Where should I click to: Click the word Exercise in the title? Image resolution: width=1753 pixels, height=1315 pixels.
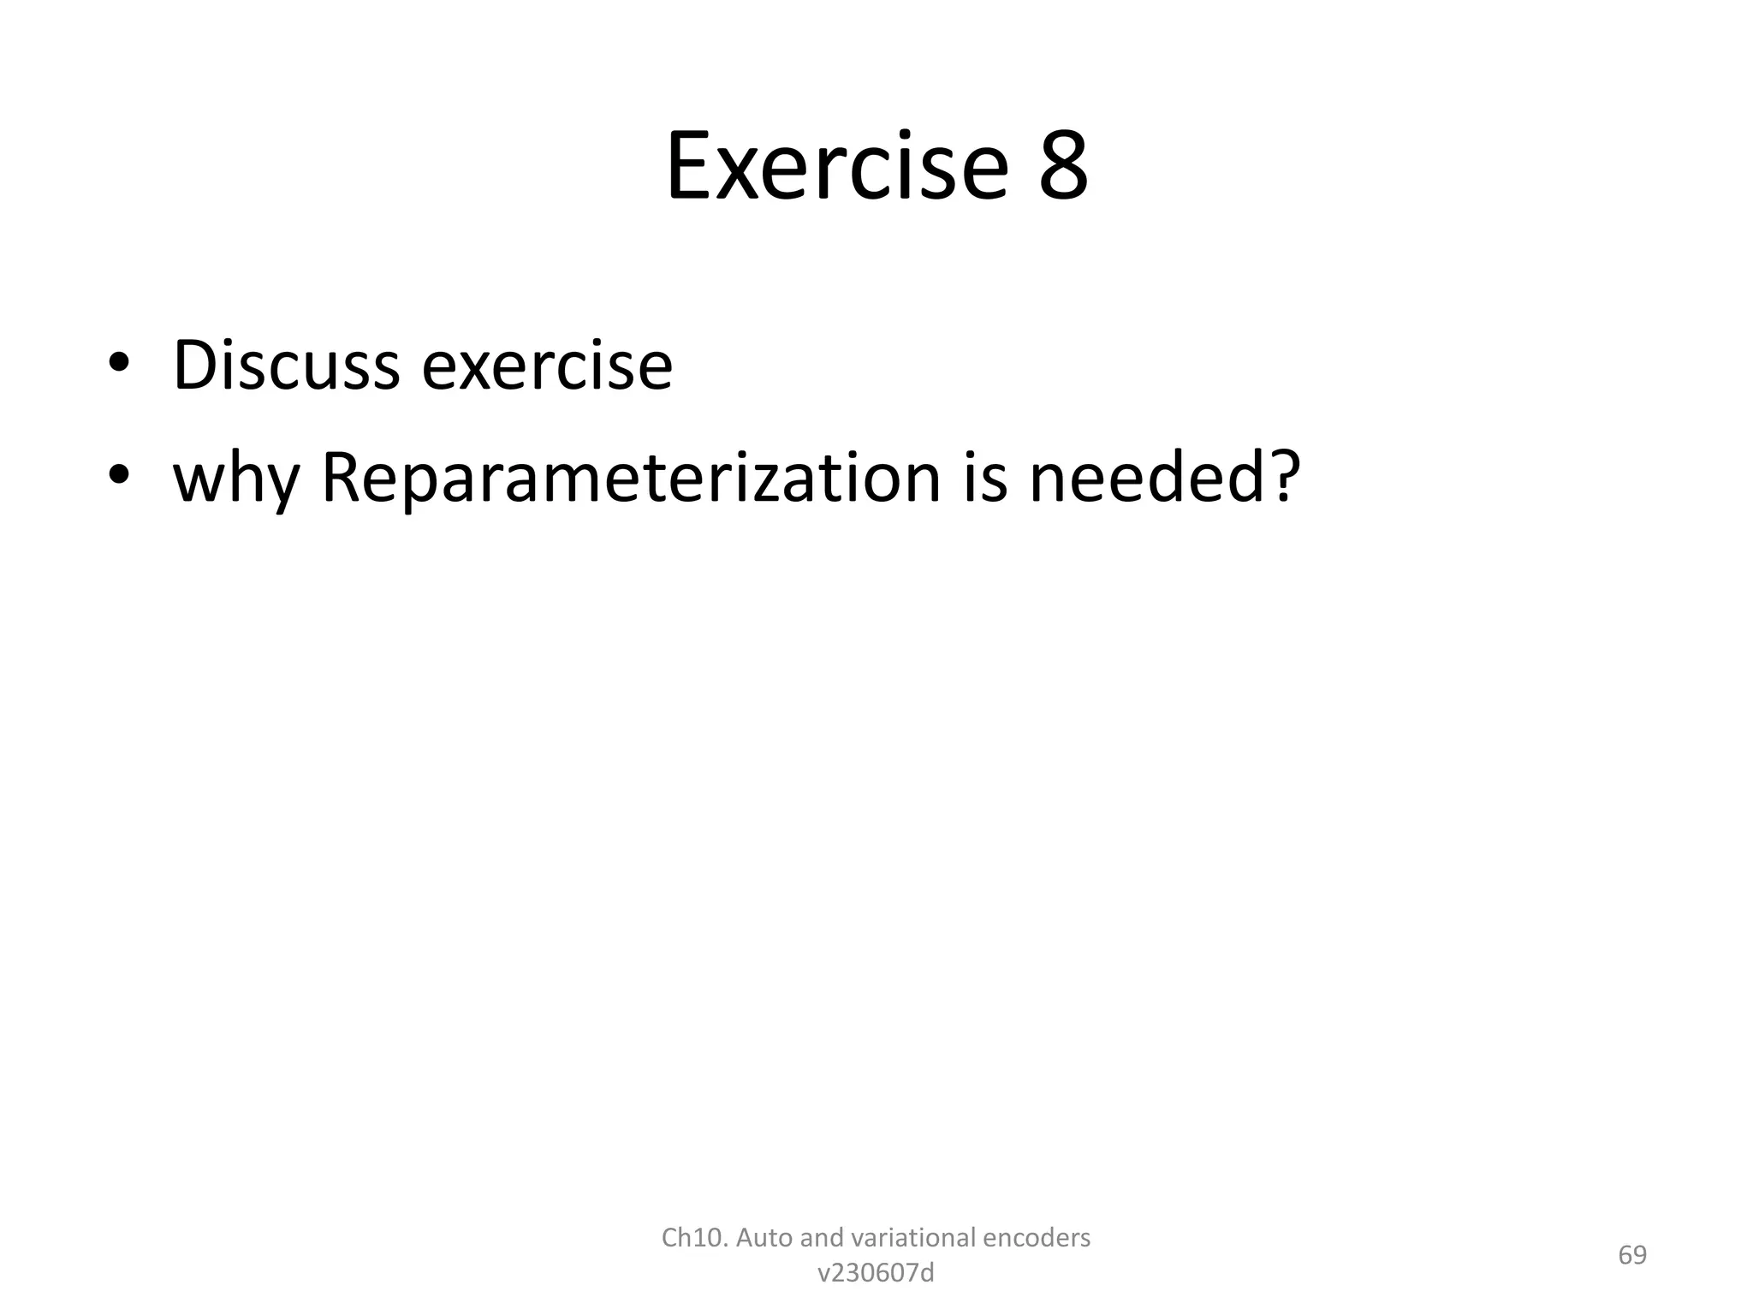836,166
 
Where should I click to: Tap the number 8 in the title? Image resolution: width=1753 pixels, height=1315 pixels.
1063,166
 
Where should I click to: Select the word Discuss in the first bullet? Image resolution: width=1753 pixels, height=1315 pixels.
286,366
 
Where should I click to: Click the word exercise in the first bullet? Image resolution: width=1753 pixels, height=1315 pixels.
547,366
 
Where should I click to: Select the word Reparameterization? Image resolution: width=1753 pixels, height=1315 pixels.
631,478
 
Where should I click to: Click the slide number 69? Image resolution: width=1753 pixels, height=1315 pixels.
1632,1255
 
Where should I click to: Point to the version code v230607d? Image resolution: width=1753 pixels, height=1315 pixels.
876,1274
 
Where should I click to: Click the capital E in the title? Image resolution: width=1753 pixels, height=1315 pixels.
688,166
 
